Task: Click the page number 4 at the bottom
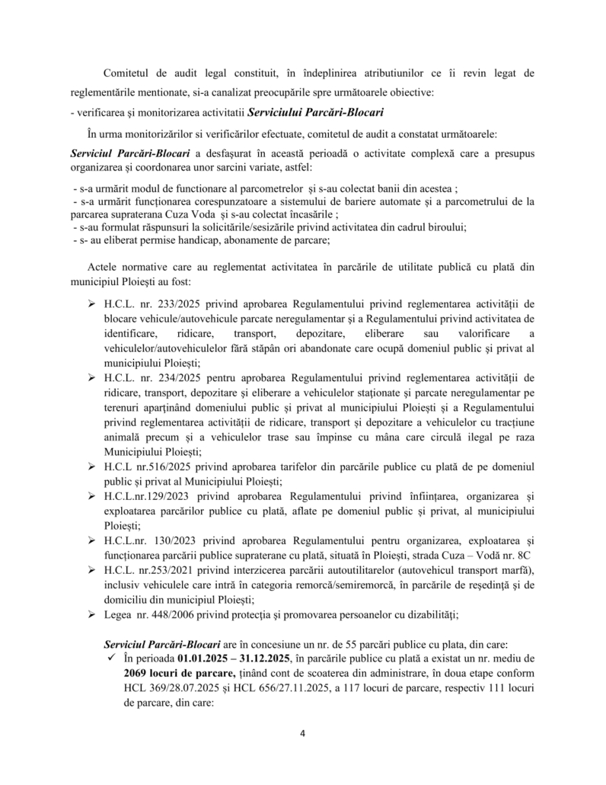tap(303, 734)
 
